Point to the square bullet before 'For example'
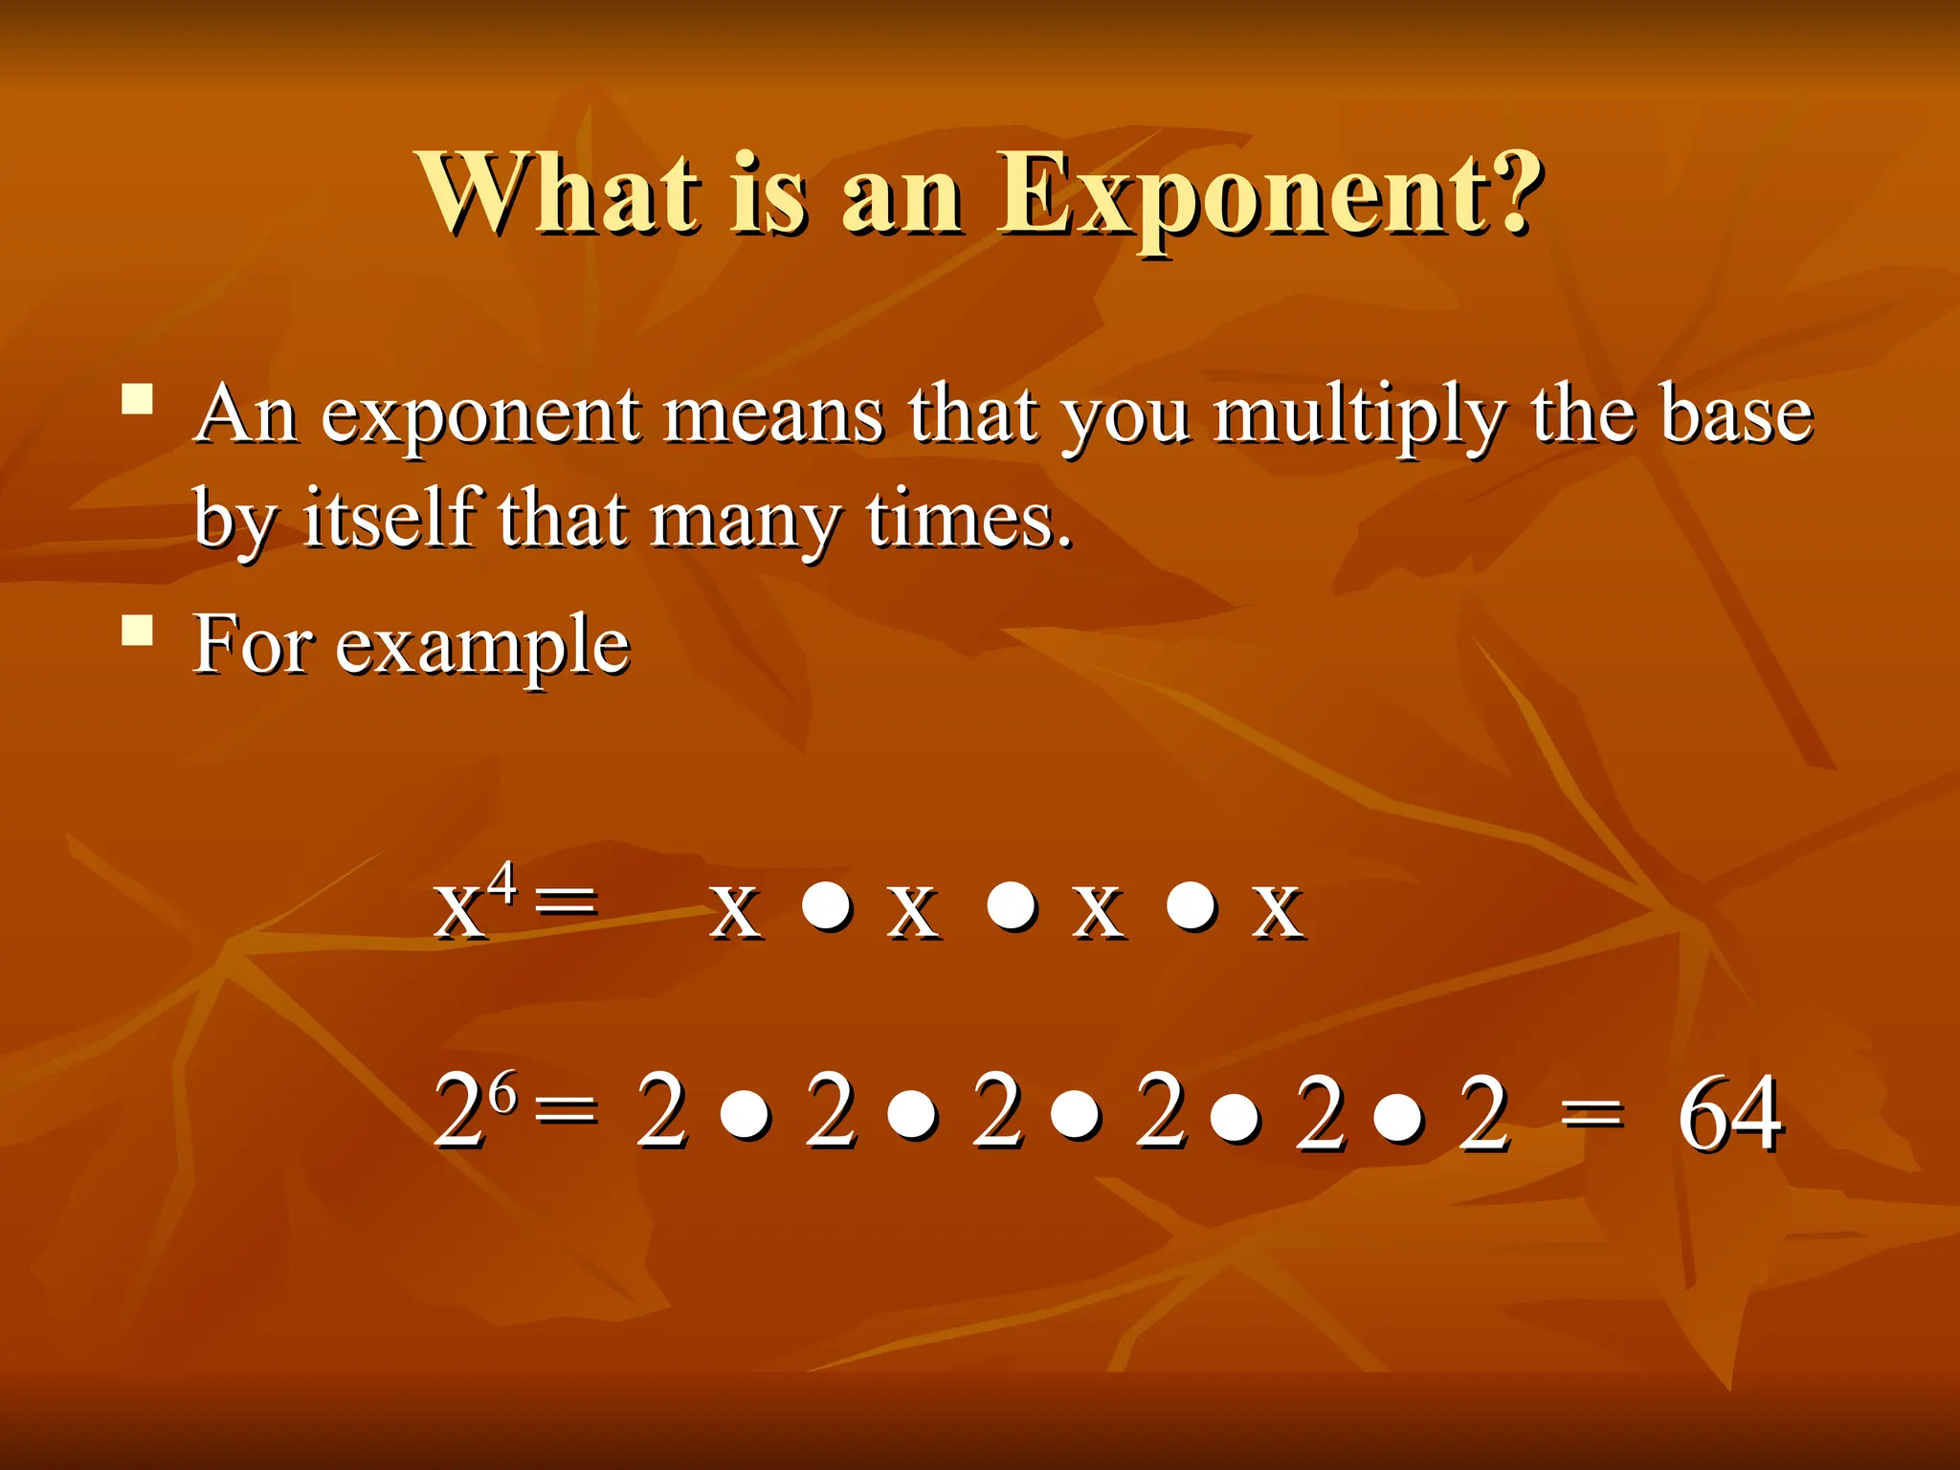[138, 630]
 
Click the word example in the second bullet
[481, 647]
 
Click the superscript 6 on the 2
[504, 1090]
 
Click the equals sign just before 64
[1591, 1114]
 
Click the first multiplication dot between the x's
[827, 904]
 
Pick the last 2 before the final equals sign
[1483, 1114]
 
